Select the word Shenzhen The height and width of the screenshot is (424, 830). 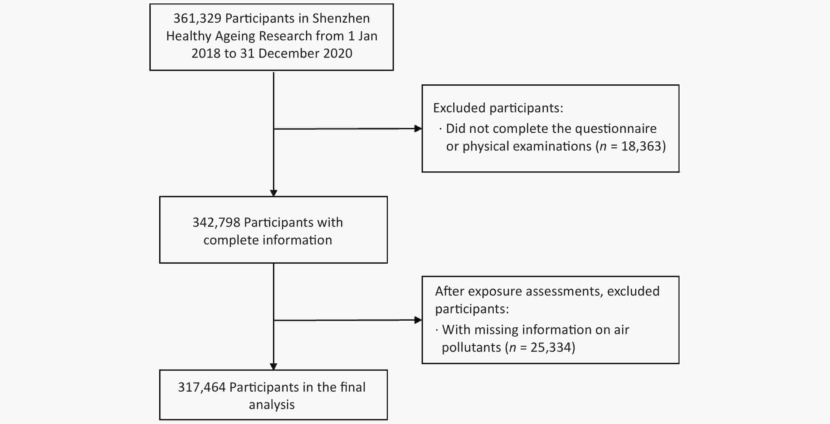[x=341, y=18]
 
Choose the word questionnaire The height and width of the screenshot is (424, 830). [x=616, y=129]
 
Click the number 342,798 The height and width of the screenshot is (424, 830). [x=217, y=223]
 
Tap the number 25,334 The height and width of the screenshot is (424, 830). [x=551, y=348]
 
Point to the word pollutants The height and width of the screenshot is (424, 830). [x=471, y=348]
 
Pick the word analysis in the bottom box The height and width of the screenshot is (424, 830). [x=272, y=405]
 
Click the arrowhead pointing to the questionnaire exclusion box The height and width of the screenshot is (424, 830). [x=418, y=129]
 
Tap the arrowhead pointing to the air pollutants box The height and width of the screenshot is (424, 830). [x=418, y=320]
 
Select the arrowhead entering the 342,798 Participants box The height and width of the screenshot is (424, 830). [x=274, y=193]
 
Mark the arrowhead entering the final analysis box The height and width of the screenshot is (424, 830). [x=274, y=366]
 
